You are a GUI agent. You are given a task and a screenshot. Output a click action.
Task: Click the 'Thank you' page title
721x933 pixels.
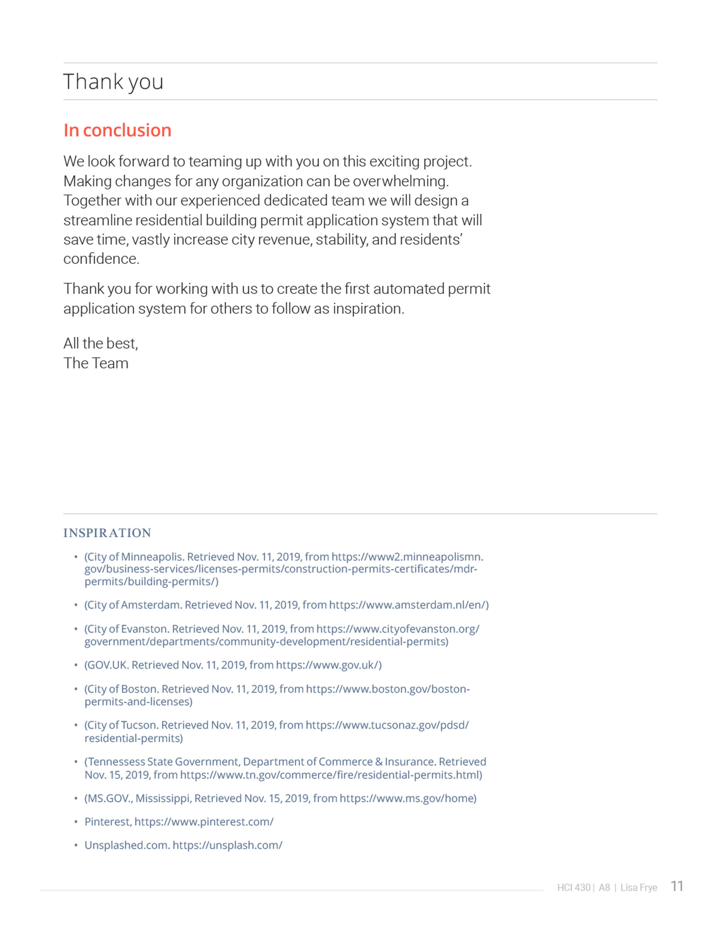113,82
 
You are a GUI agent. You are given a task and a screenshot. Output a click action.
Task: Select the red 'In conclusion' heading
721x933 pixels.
117,130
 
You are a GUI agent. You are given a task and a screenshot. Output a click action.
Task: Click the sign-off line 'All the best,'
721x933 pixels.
101,343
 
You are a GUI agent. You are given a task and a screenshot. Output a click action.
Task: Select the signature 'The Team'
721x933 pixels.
96,363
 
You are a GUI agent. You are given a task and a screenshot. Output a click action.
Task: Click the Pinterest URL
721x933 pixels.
204,822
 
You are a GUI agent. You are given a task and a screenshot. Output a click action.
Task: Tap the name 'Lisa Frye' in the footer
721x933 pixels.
639,888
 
